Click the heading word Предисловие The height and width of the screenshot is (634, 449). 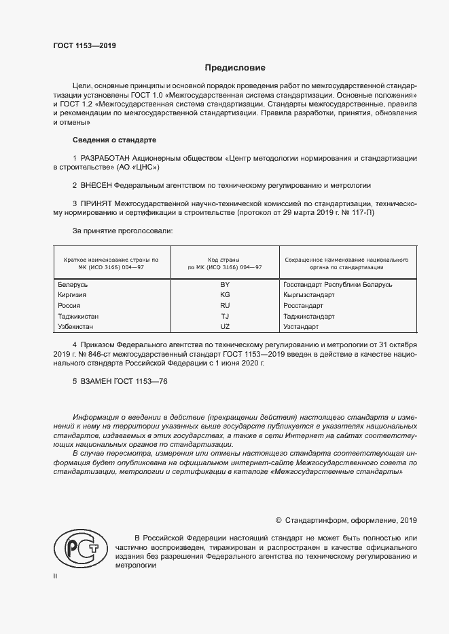[236, 68]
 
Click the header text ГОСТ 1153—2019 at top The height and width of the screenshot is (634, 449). [85, 46]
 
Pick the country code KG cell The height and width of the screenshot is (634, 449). [225, 295]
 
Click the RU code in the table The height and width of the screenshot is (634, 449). [225, 306]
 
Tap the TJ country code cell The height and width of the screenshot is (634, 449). [225, 316]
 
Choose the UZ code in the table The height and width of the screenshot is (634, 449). [225, 327]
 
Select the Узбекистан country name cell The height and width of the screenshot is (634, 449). [79, 327]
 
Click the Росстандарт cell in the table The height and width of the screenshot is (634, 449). [304, 306]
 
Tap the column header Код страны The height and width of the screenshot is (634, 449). [225, 260]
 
